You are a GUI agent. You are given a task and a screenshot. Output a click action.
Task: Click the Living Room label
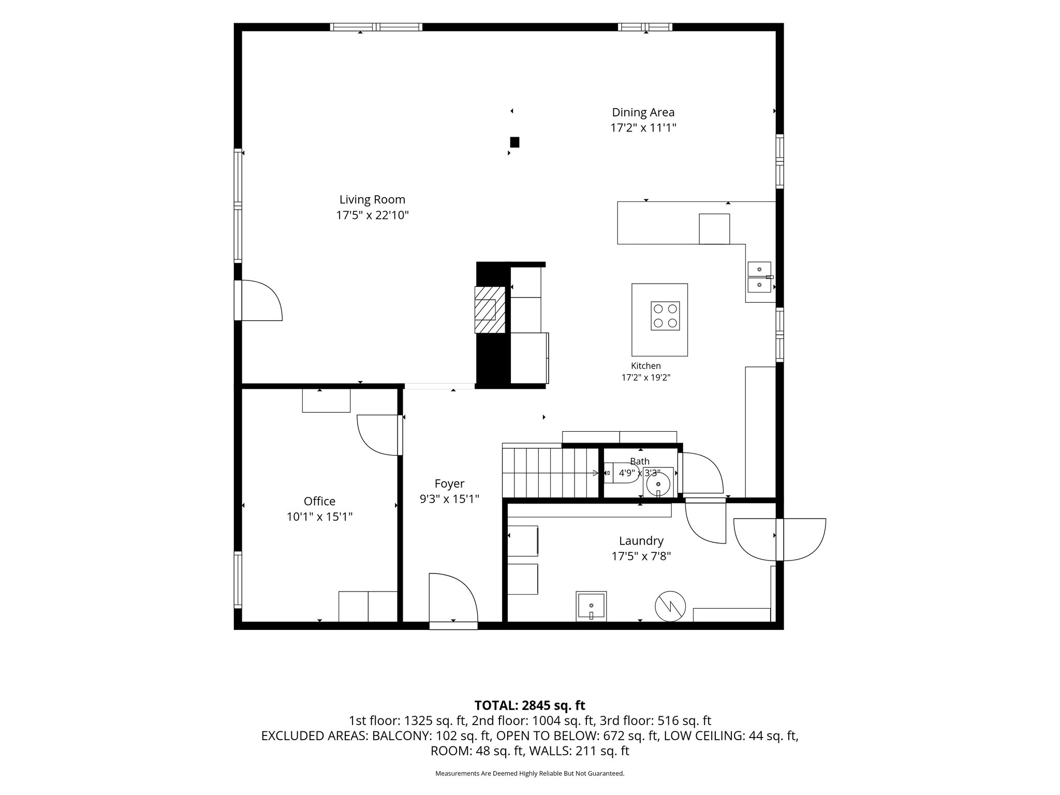pyautogui.click(x=372, y=199)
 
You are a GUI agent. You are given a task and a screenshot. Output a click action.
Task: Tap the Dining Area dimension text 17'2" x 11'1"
pyautogui.click(x=643, y=128)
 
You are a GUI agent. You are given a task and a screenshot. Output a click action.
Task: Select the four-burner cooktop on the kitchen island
pyautogui.click(x=665, y=316)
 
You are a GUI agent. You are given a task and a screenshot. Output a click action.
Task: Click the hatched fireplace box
pyautogui.click(x=490, y=310)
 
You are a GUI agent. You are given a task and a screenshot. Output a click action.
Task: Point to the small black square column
pyautogui.click(x=514, y=142)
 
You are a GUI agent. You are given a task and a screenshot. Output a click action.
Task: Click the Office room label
pyautogui.click(x=319, y=501)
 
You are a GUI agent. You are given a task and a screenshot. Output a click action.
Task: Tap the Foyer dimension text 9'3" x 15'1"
pyautogui.click(x=449, y=499)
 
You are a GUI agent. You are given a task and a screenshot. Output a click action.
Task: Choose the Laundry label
pyautogui.click(x=641, y=541)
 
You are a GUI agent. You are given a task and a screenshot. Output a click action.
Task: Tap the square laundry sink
pyautogui.click(x=591, y=606)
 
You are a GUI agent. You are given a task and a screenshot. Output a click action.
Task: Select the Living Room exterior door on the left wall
pyautogui.click(x=259, y=300)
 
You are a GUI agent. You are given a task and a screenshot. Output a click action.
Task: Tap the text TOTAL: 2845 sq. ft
pyautogui.click(x=529, y=705)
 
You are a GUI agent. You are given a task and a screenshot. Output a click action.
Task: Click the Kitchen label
pyautogui.click(x=646, y=366)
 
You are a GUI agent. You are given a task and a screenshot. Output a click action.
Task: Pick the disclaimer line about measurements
pyautogui.click(x=529, y=773)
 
